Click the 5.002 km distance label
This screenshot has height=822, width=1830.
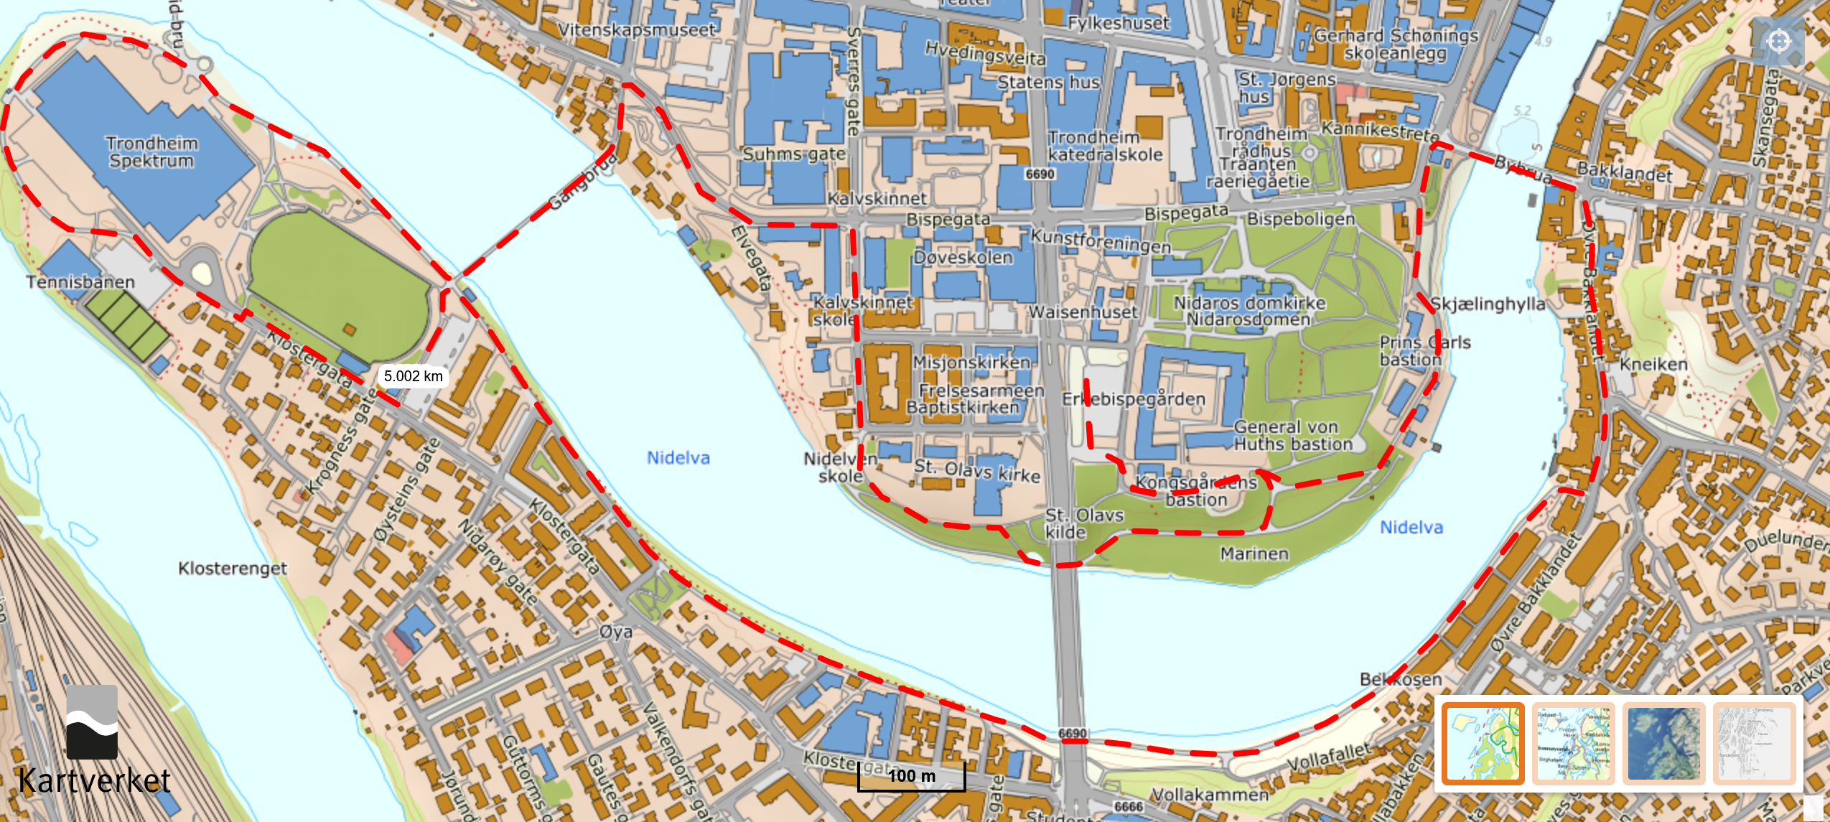pos(413,376)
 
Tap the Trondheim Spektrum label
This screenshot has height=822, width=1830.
pos(151,151)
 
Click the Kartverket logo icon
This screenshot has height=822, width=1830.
pos(92,721)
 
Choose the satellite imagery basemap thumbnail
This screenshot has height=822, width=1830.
pos(1663,743)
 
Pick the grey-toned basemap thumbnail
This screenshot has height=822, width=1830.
pos(1753,743)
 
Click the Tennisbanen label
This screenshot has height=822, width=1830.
pos(80,282)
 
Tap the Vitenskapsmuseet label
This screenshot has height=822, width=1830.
pos(637,30)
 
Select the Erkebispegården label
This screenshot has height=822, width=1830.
pos(1134,399)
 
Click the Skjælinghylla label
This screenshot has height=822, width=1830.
pos(1488,304)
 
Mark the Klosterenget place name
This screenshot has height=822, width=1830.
pos(233,569)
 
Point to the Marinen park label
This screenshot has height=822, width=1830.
pos(1254,554)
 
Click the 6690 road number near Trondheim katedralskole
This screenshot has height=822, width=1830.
pos(1040,174)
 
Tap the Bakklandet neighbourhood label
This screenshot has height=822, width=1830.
pos(1625,172)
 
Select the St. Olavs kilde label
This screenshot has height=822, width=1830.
pos(1084,523)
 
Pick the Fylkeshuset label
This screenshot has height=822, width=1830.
pos(1119,23)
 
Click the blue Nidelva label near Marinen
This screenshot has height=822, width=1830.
pos(1411,528)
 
